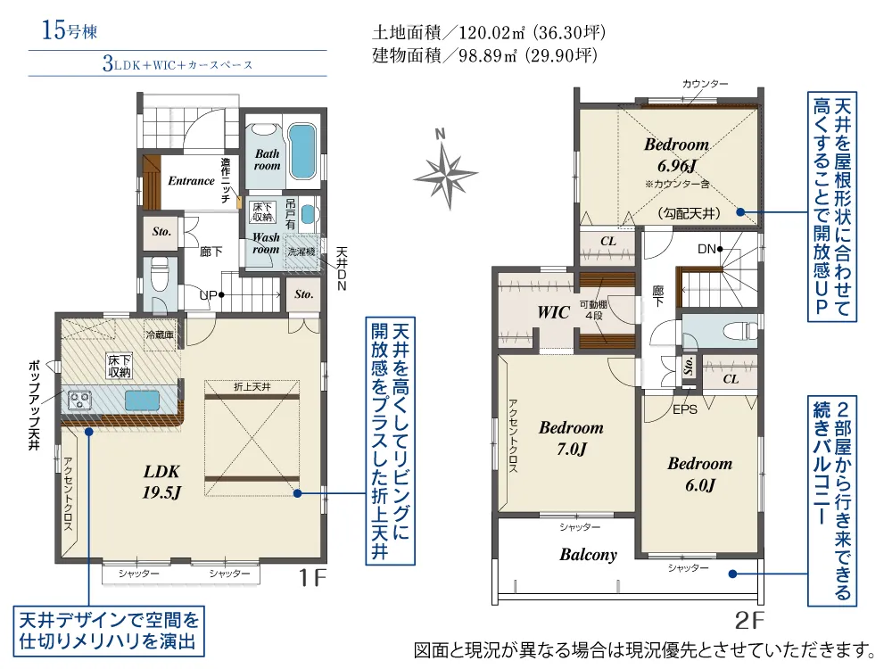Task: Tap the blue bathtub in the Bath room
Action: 302,152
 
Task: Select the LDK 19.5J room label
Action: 161,482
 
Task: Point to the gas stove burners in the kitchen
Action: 79,400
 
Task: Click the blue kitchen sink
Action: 142,400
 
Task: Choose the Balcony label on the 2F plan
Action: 588,554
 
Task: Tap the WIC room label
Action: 553,311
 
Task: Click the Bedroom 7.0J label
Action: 571,438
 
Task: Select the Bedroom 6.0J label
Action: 699,474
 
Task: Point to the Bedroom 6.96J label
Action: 676,154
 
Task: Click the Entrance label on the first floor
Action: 191,181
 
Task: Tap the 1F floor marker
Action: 312,578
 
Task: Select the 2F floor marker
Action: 749,620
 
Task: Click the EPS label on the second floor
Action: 684,409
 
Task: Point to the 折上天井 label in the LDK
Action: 252,387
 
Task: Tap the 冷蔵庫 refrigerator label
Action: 160,335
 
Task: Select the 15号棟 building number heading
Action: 70,29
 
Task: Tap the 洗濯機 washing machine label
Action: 301,252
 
